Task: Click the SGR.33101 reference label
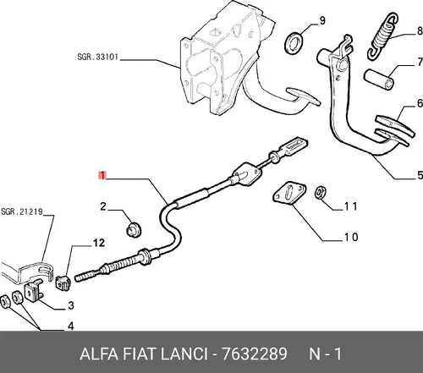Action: pyautogui.click(x=97, y=57)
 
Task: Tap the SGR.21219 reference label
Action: pyautogui.click(x=22, y=211)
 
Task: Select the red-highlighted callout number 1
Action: pyautogui.click(x=102, y=175)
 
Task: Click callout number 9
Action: pyautogui.click(x=322, y=20)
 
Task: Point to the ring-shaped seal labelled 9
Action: pyautogui.click(x=294, y=43)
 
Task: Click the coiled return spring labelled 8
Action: pyautogui.click(x=383, y=36)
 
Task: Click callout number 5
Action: pyautogui.click(x=420, y=175)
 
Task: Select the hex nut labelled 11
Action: pyautogui.click(x=321, y=192)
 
